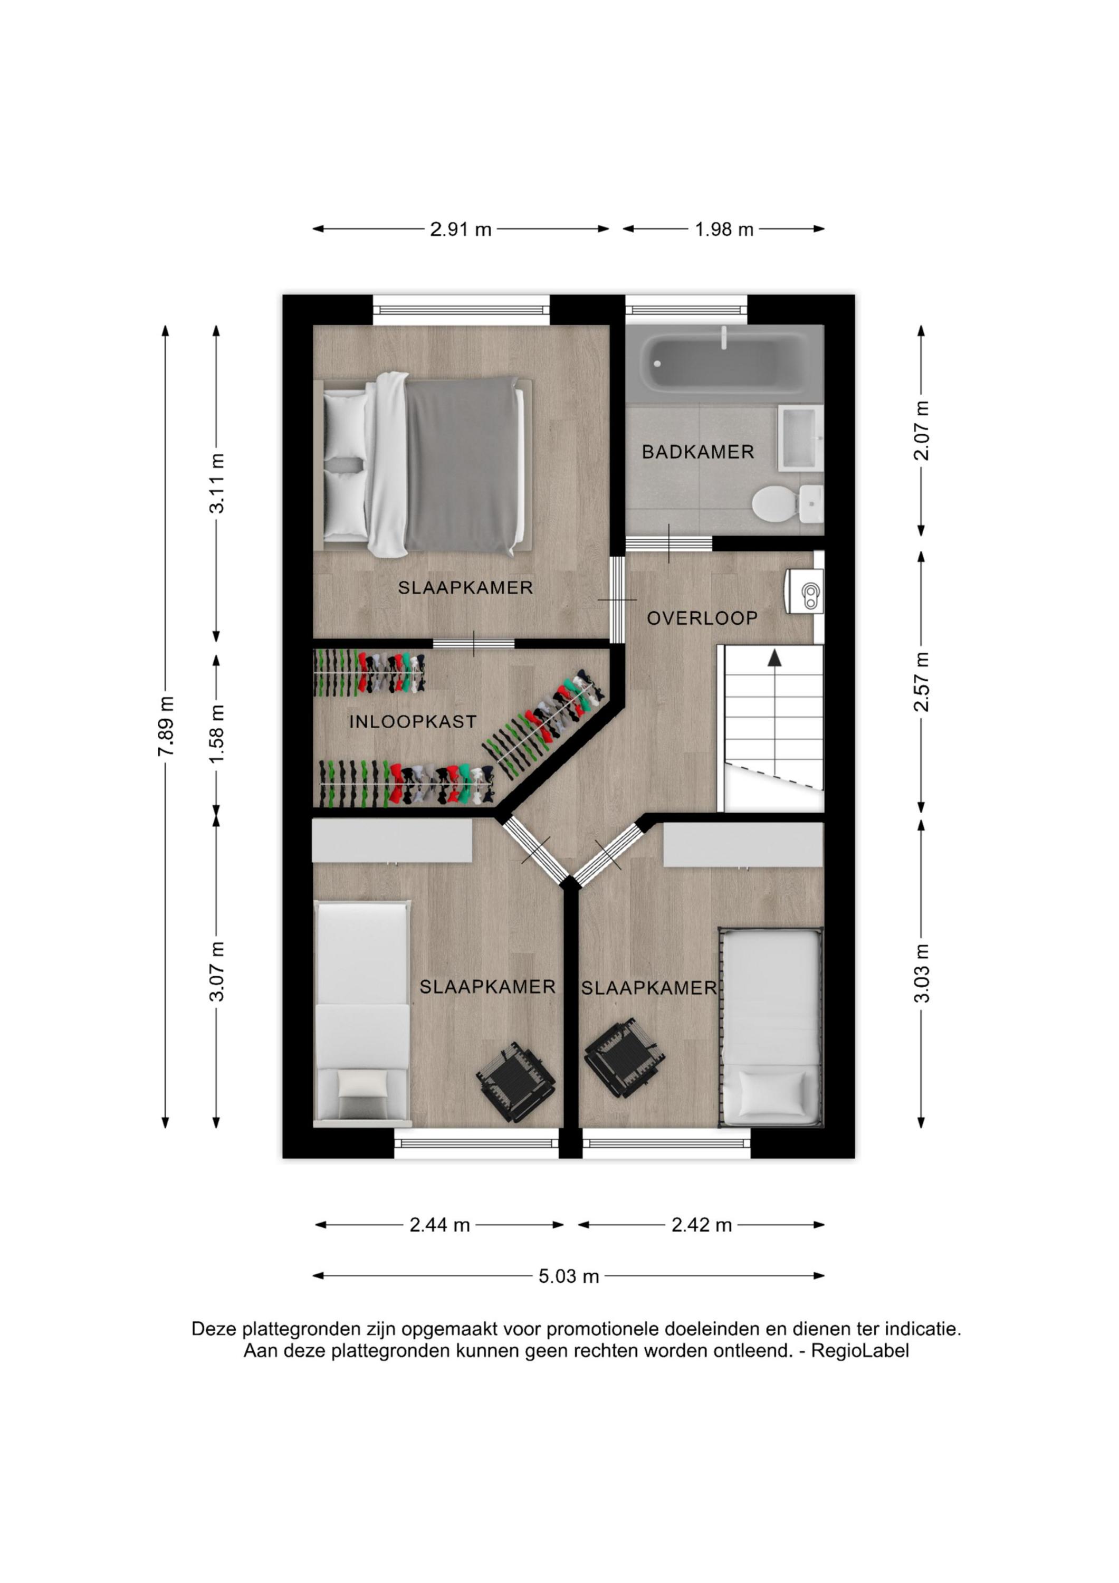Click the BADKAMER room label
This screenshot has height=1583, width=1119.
[x=698, y=452]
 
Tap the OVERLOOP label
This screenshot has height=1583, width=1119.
[x=702, y=618]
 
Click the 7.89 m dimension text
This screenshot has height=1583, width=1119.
[x=166, y=726]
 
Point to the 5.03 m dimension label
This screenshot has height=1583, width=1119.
[x=569, y=1276]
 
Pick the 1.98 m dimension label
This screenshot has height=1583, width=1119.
[x=724, y=230]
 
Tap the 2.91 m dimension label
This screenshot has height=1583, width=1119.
[x=461, y=230]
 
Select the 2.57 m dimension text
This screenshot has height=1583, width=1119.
[x=922, y=681]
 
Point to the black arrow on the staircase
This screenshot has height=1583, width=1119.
[x=775, y=659]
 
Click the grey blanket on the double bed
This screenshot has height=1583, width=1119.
[x=462, y=463]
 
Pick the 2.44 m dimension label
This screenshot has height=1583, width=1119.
[x=440, y=1225]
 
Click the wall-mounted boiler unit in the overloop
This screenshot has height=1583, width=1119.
[x=805, y=592]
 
